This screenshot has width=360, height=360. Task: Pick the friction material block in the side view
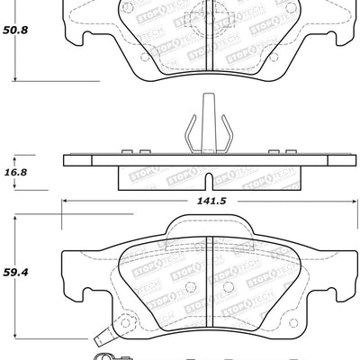[207, 179]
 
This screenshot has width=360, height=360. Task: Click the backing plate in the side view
[207, 162]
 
